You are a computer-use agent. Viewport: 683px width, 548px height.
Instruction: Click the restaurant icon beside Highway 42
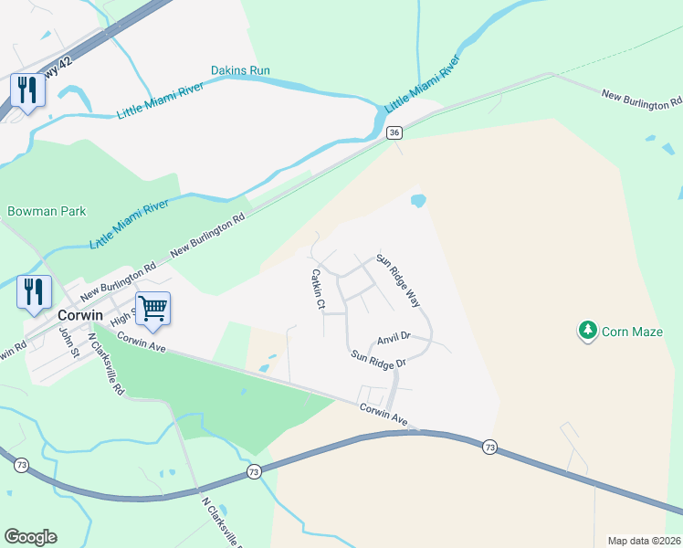27,90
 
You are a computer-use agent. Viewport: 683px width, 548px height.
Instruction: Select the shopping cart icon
152,308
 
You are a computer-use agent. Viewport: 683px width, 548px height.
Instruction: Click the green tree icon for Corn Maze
589,330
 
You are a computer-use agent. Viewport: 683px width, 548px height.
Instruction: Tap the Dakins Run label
240,69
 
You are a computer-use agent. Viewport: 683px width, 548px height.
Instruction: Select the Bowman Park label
47,211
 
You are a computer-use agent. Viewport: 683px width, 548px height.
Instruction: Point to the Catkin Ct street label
317,289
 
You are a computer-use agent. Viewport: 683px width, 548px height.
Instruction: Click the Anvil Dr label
394,337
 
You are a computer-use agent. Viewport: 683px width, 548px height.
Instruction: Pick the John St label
65,342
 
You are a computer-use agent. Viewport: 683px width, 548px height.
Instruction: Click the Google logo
30,537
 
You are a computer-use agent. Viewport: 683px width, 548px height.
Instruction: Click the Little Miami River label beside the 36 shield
421,85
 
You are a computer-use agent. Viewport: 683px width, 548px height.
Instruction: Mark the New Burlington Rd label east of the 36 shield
642,100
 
